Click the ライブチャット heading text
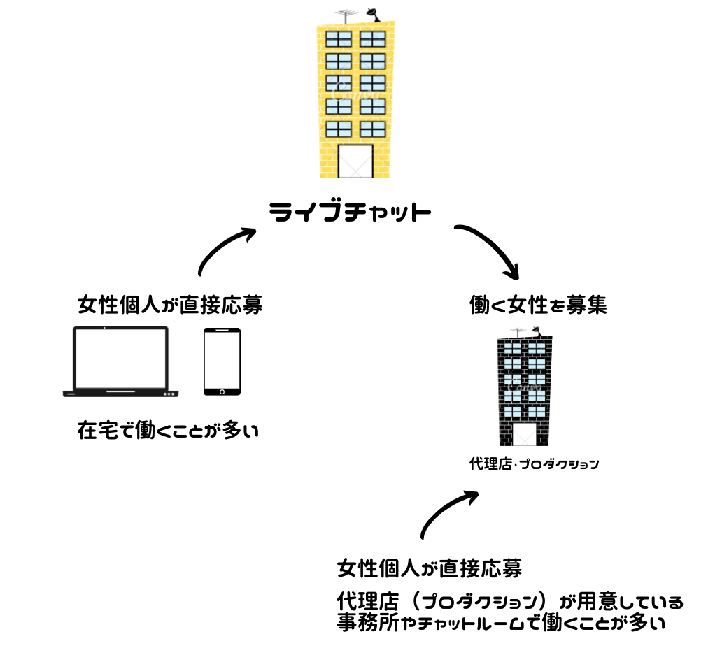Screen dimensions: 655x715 pyautogui.click(x=350, y=213)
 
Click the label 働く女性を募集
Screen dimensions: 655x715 pyautogui.click(x=537, y=305)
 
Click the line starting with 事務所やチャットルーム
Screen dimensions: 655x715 pyautogui.click(x=500, y=621)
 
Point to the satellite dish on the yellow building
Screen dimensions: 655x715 pyautogui.click(x=371, y=13)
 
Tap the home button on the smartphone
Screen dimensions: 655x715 pyautogui.click(x=222, y=391)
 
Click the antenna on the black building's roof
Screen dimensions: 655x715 pyautogui.click(x=518, y=331)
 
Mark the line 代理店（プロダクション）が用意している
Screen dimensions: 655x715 pyautogui.click(x=509, y=601)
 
